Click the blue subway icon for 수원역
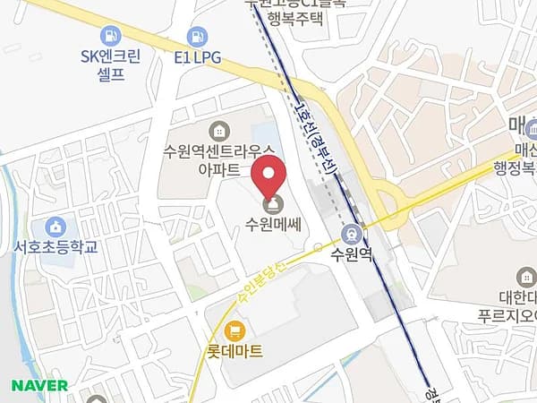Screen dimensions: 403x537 352,234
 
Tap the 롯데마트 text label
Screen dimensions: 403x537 235,351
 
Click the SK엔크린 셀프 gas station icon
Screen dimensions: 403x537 110,37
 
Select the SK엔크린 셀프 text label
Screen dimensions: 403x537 110,64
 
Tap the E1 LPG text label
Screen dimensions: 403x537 197,57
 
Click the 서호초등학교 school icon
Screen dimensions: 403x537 57,225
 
